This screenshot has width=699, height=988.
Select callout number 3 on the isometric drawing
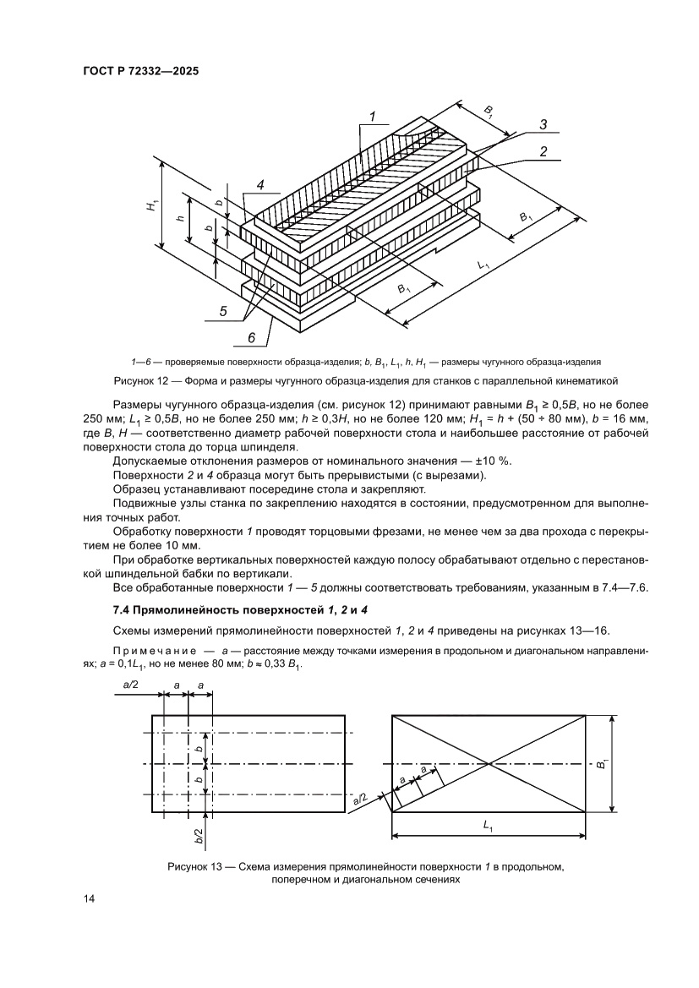543,124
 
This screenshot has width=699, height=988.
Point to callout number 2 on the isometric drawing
544,152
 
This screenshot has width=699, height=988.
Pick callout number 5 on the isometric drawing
223,311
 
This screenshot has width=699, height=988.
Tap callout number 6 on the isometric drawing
251,339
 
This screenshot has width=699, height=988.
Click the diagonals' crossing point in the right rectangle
489,764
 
